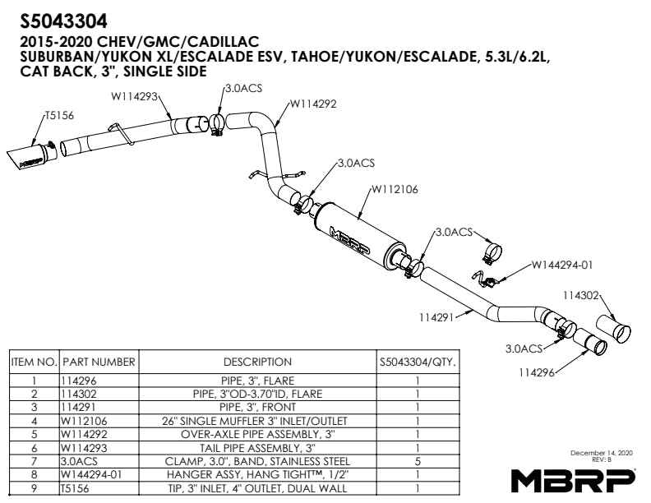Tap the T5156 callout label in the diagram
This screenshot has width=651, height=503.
(59, 115)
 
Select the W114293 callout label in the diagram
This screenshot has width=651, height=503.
(134, 96)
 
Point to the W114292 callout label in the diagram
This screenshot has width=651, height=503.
(313, 104)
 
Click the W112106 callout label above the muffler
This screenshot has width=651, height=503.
(395, 190)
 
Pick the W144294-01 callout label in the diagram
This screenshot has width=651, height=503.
(562, 265)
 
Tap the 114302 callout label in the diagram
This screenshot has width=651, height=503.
(581, 295)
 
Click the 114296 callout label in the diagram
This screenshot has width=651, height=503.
(537, 372)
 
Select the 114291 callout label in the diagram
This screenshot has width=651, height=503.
(437, 317)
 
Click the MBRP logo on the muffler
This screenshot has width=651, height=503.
(349, 239)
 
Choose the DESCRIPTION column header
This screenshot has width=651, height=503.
(257, 362)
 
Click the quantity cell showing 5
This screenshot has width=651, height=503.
(418, 461)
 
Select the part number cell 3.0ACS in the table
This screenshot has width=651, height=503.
(79, 461)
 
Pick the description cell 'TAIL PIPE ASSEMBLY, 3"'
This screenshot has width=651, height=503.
(257, 448)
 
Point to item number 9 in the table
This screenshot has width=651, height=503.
(34, 488)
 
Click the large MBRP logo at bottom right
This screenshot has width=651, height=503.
(573, 481)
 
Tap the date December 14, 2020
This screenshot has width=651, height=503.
(602, 453)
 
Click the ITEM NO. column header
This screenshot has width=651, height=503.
(34, 362)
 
